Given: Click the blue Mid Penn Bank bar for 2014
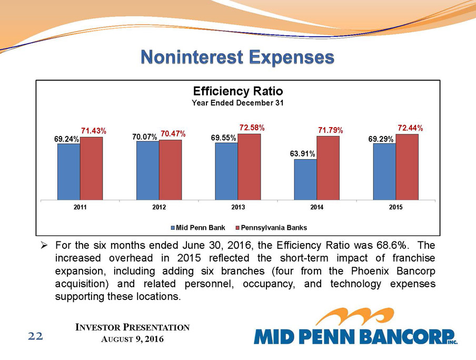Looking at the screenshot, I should (x=305, y=180).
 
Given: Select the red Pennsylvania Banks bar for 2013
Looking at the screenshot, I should (x=249, y=167).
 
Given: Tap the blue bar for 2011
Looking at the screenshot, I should (x=68, y=172).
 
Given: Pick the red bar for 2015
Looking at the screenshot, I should (x=407, y=167).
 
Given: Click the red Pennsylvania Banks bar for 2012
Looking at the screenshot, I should (x=170, y=170).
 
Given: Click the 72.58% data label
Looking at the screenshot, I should (x=251, y=128).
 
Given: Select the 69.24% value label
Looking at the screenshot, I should (x=66, y=139).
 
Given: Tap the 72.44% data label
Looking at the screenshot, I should (x=410, y=128).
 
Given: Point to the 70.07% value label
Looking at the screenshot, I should (x=145, y=137).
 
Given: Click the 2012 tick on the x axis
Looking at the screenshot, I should (x=159, y=208).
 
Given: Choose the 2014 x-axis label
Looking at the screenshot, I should (x=316, y=208).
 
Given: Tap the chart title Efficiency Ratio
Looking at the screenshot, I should (x=238, y=91).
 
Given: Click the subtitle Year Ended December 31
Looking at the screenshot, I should (x=238, y=103).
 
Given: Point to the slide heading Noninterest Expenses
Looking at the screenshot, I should (x=237, y=57).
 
